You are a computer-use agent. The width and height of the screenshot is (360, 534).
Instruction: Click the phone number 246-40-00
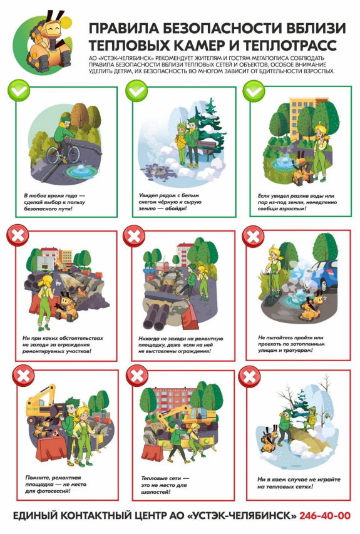coord(324,516)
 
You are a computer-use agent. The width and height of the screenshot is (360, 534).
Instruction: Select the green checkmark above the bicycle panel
coord(19,91)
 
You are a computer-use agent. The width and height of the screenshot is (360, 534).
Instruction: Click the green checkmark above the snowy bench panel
coord(136,91)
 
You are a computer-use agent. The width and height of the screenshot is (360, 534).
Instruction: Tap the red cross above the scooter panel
coord(253,235)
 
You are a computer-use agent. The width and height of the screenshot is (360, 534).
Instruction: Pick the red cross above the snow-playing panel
coord(250,377)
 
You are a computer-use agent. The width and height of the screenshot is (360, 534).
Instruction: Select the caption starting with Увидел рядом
coord(170,202)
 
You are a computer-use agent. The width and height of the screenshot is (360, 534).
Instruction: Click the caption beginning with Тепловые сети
coord(165,485)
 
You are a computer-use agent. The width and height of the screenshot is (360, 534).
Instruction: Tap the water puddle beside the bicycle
coord(81,171)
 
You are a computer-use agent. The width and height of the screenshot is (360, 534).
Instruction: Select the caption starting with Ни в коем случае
coord(299,483)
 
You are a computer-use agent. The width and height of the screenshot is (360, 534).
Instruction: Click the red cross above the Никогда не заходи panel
coord(134,235)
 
